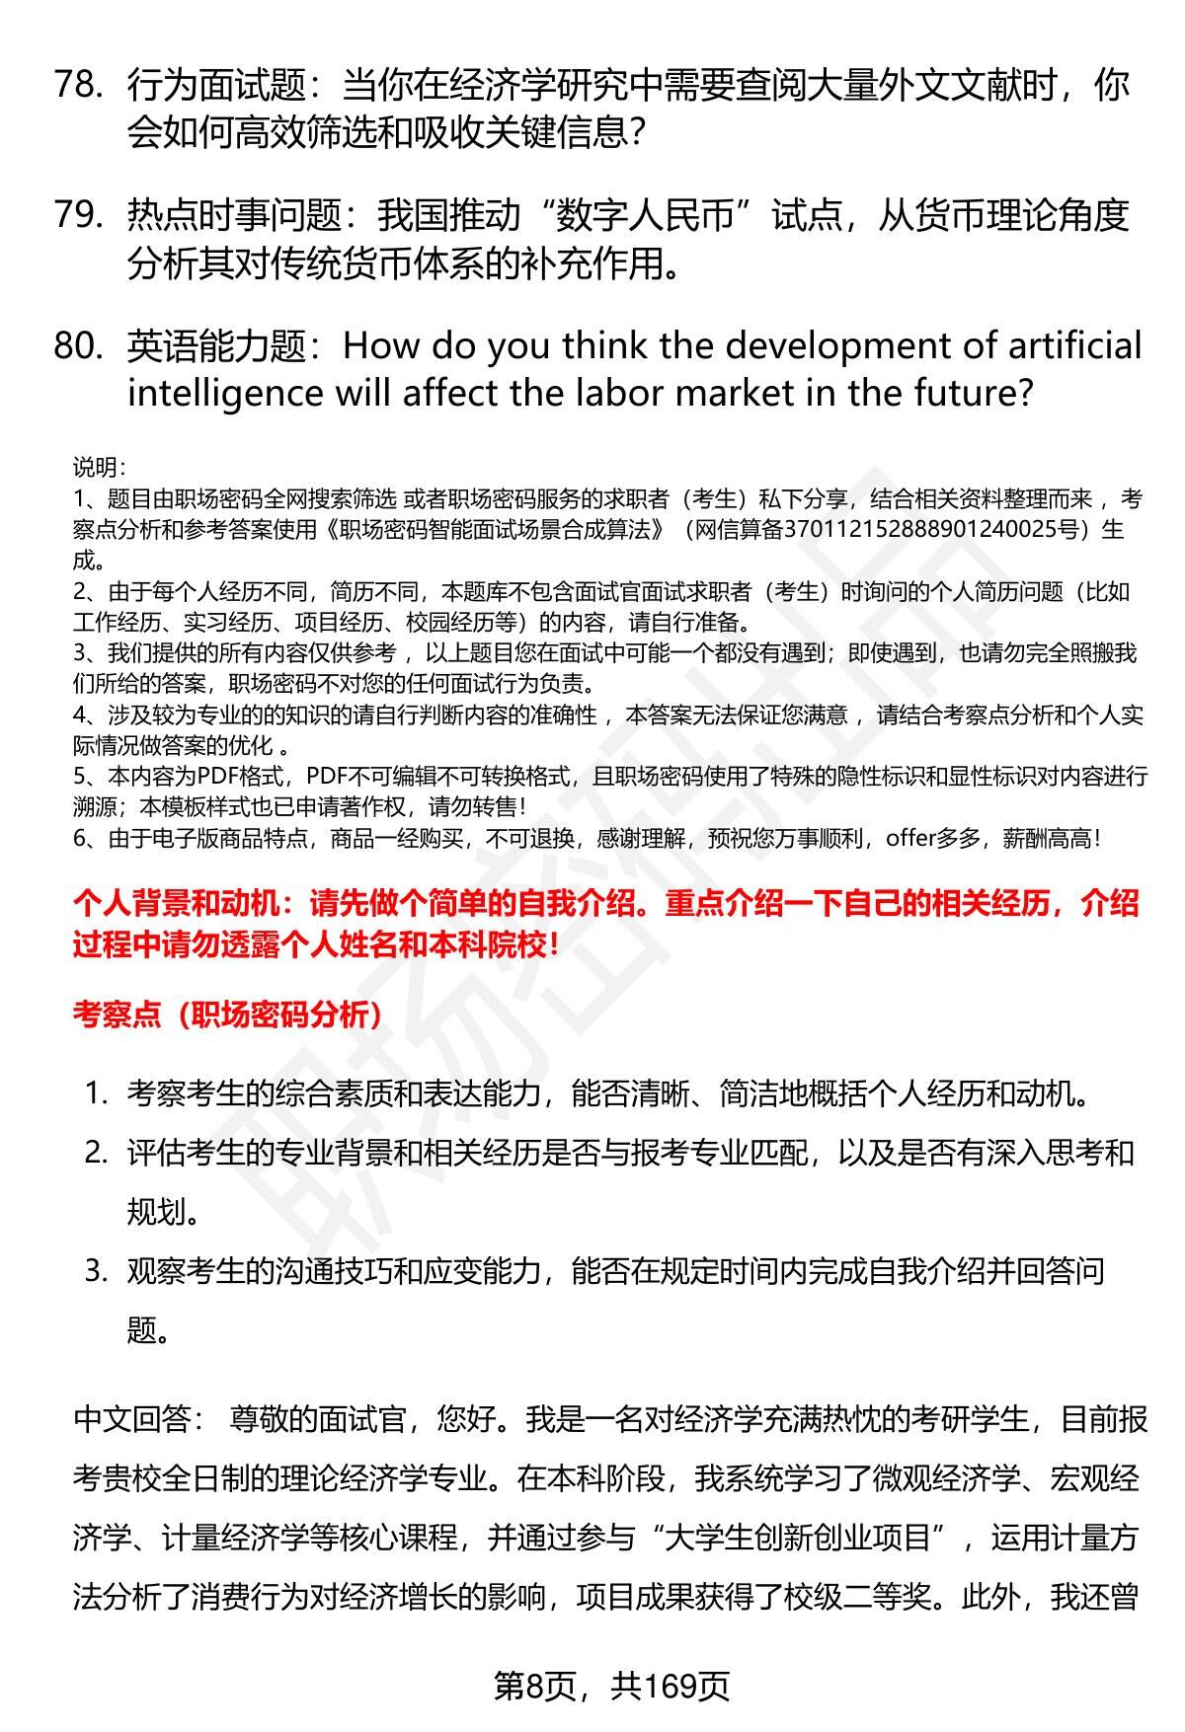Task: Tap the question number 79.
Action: pyautogui.click(x=78, y=214)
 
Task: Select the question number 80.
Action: pyautogui.click(x=79, y=345)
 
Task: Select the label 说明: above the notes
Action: pyautogui.click(x=99, y=468)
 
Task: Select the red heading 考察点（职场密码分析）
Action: pyautogui.click(x=228, y=1015)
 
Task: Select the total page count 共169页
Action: pyautogui.click(x=670, y=1686)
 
